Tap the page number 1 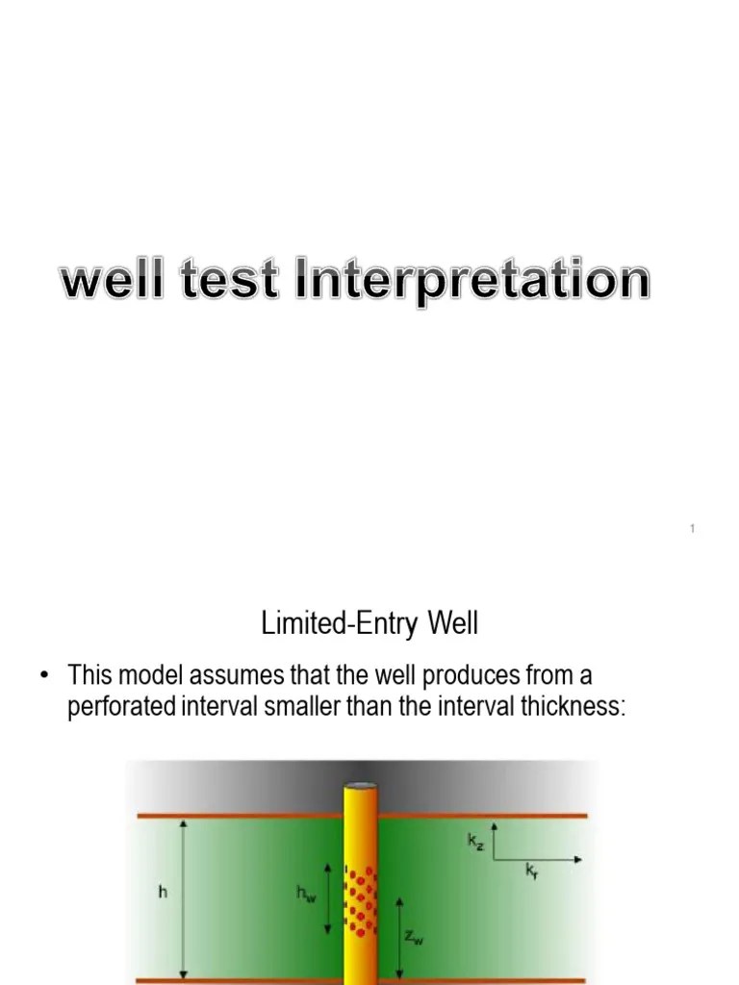click(693, 529)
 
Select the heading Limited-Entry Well click(369, 624)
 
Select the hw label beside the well click(305, 895)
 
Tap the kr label click(531, 871)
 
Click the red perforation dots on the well click(360, 900)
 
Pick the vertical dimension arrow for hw click(327, 898)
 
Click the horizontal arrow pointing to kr click(539, 859)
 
